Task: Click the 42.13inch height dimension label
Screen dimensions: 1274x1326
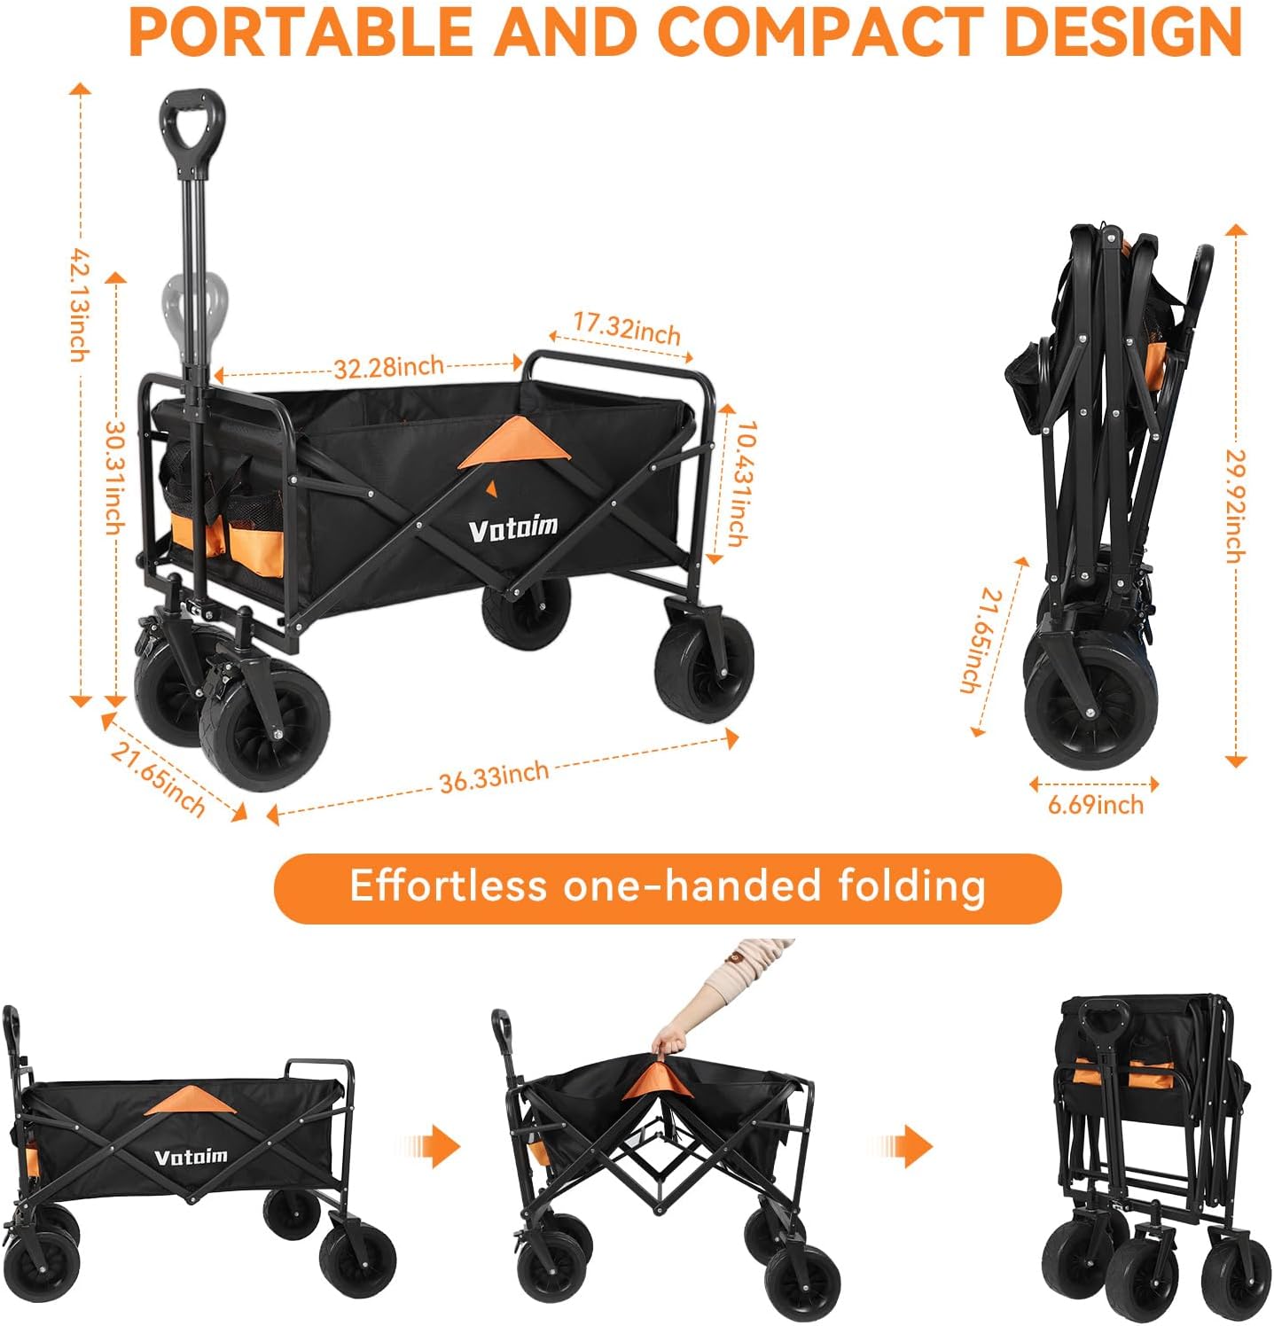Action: (x=80, y=304)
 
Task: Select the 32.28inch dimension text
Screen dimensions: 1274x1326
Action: (x=388, y=366)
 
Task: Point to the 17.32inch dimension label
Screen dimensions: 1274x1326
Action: (x=627, y=328)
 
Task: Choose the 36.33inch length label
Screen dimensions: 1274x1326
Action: (x=494, y=776)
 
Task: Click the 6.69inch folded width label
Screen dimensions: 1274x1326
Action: (x=1096, y=805)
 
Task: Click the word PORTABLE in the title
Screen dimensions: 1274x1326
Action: (x=301, y=32)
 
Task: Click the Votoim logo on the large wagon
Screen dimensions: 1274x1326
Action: (x=513, y=528)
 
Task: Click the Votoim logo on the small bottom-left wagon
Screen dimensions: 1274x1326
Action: (x=191, y=1157)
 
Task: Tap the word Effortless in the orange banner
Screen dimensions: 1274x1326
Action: (x=449, y=885)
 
